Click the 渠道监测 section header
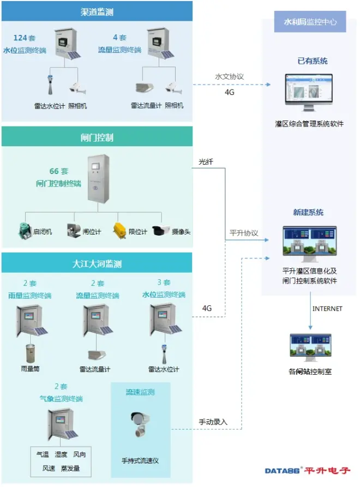tap(97, 11)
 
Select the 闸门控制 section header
tap(97, 137)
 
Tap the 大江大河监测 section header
tap(97, 263)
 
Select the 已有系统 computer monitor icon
tap(309, 91)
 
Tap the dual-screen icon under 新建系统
tap(309, 241)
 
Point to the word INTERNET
tap(327, 309)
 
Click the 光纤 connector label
tap(205, 163)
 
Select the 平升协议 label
tap(244, 233)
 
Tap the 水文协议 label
tap(229, 77)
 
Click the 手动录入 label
tap(213, 422)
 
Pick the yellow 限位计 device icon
tap(119, 230)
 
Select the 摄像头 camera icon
tap(161, 231)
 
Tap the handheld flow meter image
tap(139, 424)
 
